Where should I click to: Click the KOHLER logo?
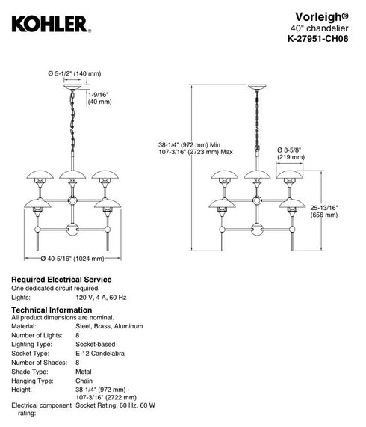(x=51, y=25)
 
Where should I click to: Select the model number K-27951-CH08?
(x=318, y=39)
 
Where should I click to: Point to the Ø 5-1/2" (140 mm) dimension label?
(x=74, y=73)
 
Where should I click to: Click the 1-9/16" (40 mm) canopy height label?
(x=99, y=98)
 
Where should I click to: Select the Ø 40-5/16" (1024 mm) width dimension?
(x=72, y=259)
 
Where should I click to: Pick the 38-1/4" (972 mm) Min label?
(x=189, y=144)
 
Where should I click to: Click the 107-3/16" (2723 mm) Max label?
(x=196, y=152)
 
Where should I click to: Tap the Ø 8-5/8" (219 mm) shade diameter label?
(x=291, y=153)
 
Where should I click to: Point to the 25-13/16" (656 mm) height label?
(x=324, y=212)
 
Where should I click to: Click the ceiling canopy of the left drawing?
(x=72, y=87)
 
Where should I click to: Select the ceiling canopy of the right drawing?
(x=257, y=87)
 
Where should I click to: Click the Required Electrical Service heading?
(x=61, y=280)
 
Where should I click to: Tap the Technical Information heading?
(x=52, y=310)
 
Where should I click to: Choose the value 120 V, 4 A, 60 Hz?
(x=101, y=298)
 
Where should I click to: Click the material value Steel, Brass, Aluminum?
(x=109, y=326)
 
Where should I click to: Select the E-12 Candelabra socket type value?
(x=100, y=354)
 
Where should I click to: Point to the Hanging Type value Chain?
(x=84, y=381)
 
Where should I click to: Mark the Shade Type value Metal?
(x=84, y=372)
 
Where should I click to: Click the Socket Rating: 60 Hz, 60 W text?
(x=115, y=405)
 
